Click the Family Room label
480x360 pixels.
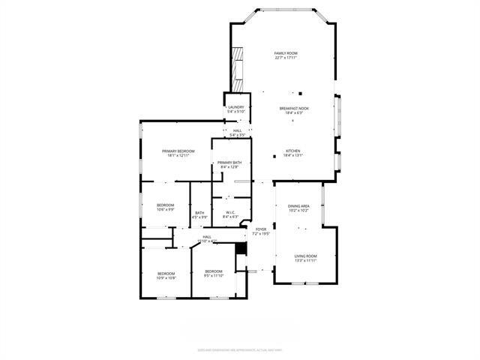pos(286,53)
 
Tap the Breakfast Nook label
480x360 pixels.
pos(291,109)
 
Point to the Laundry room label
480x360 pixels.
pos(236,107)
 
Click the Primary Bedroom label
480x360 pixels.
pos(178,151)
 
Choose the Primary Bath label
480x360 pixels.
pos(229,163)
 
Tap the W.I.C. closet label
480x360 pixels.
pos(231,212)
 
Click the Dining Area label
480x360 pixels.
pos(299,205)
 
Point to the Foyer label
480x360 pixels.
pos(261,229)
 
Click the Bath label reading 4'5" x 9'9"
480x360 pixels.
pos(199,213)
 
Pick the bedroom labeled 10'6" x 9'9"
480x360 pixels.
pos(165,205)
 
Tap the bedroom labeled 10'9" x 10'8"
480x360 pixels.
pos(166,273)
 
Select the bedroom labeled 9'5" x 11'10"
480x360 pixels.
pos(214,271)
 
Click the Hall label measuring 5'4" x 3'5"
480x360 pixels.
pos(237,131)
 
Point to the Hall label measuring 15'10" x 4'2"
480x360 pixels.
pos(207,237)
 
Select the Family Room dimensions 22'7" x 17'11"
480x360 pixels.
pos(286,58)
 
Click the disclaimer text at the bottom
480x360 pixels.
pos(239,349)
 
